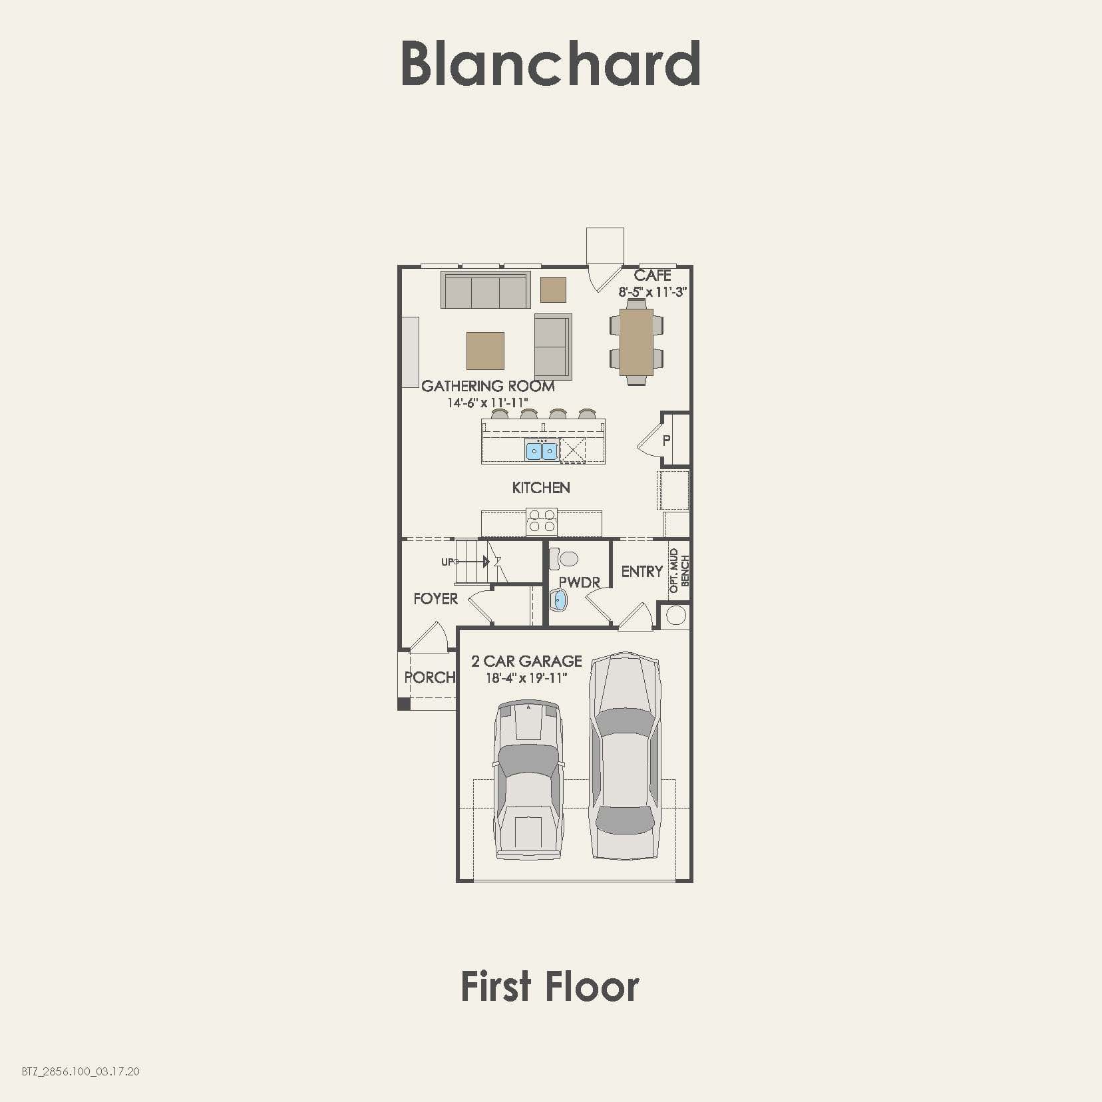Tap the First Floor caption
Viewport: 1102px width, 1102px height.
pos(550,987)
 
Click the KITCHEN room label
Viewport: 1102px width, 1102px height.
pos(541,488)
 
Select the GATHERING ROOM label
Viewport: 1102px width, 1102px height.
pos(488,386)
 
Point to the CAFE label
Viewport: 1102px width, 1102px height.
pos(652,275)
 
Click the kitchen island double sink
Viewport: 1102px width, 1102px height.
pos(542,451)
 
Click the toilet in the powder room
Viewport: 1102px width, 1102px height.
pos(565,558)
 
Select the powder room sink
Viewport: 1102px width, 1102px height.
pos(560,600)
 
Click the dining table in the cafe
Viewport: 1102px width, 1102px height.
pos(636,341)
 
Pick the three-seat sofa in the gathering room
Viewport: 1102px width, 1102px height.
pos(485,291)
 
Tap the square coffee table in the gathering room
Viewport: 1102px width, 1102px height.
pos(485,351)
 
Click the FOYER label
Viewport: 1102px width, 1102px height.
pos(435,599)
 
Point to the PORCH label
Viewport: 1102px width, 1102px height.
pos(430,677)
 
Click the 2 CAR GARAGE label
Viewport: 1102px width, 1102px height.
pos(526,661)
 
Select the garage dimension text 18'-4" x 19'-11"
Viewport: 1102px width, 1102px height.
pos(526,678)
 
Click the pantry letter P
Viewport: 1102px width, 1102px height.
pos(666,440)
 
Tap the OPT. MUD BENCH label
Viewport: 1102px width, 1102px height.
pos(679,570)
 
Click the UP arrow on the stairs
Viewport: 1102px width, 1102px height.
pos(472,562)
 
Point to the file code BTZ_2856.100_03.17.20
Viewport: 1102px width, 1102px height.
pos(81,1071)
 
